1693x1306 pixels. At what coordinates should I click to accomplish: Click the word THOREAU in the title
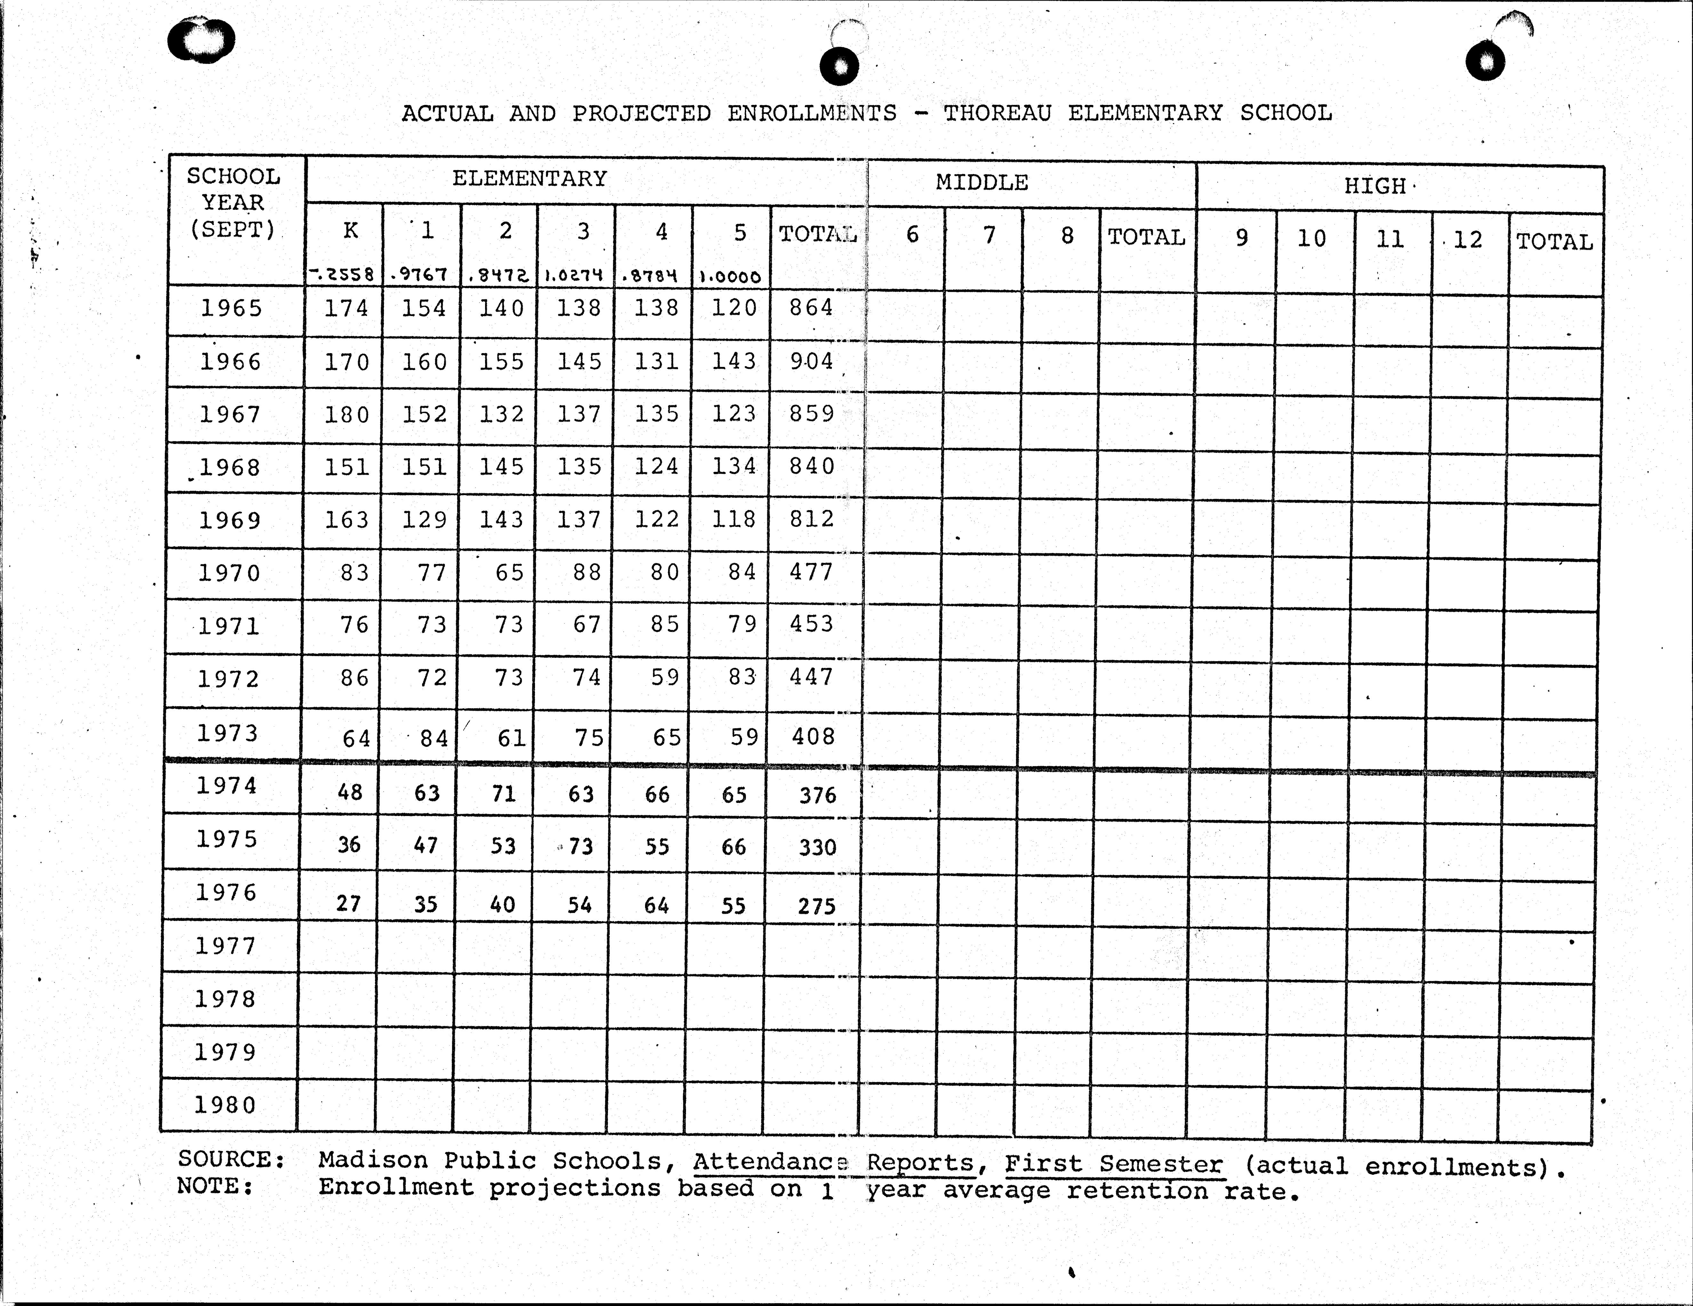click(x=997, y=113)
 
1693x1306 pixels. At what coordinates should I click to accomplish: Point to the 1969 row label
click(x=230, y=520)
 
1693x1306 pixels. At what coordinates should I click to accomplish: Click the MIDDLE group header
click(x=981, y=183)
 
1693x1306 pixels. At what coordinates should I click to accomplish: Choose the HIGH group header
click(x=1374, y=186)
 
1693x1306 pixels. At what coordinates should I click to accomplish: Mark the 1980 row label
click(x=225, y=1104)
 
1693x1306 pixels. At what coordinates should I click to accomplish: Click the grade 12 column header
click(x=1467, y=240)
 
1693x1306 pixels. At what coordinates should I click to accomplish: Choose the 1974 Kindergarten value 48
click(x=350, y=792)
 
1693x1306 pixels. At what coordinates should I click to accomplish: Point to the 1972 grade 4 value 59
click(x=664, y=677)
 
